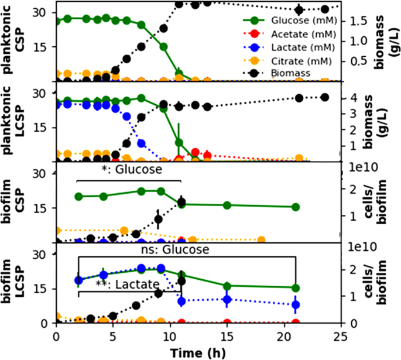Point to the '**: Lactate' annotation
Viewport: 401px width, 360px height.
tap(128, 284)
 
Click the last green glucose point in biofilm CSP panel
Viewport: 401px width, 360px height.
tap(296, 207)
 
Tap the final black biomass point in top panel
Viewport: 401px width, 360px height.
tap(325, 9)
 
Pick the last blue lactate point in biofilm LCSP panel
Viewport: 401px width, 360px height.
tap(296, 304)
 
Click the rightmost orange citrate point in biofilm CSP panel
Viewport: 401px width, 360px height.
tap(261, 239)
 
